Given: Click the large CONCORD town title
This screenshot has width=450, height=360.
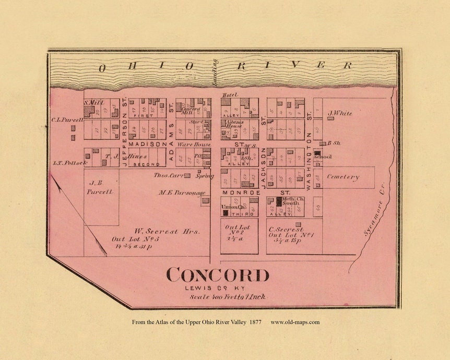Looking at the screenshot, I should click(x=218, y=275).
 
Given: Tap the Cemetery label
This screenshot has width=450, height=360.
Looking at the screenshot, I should click(x=343, y=177).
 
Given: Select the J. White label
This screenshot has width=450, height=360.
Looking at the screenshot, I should click(x=340, y=113).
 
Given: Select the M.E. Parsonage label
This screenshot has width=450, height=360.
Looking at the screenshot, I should click(x=179, y=193).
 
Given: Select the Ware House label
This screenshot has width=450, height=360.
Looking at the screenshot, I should click(x=194, y=144).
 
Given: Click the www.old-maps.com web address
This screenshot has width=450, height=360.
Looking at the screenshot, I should click(x=295, y=322).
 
